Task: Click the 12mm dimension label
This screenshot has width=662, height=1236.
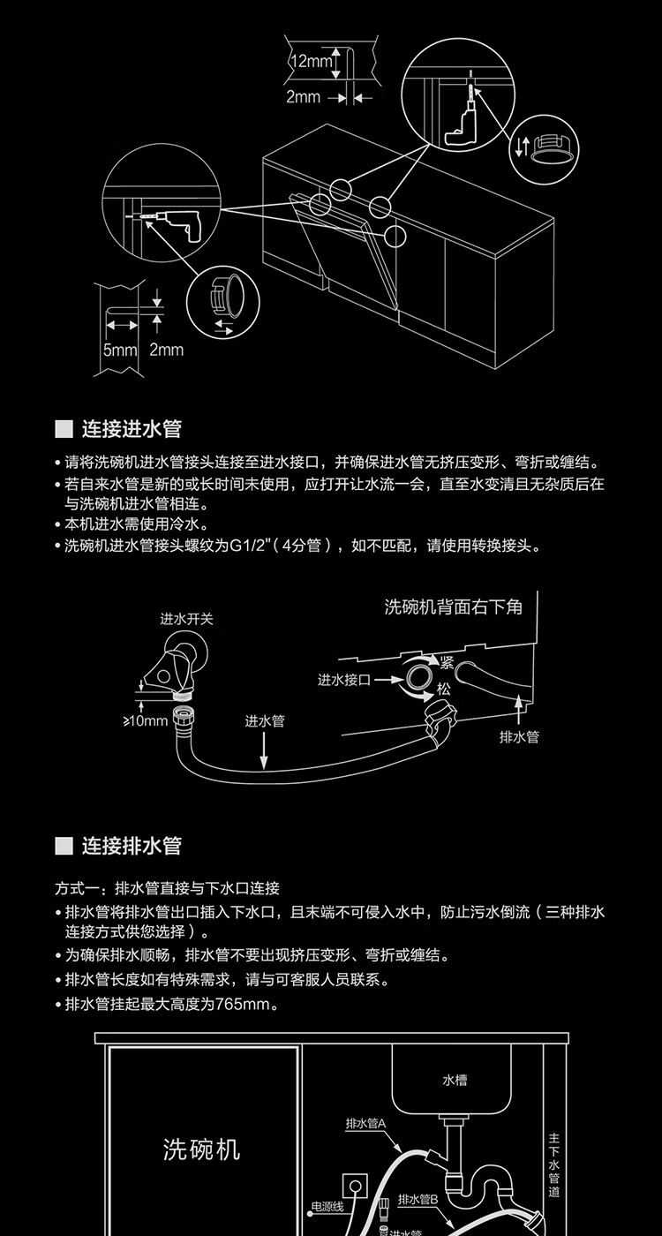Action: coord(310,61)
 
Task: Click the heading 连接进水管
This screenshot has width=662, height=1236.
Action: coord(132,430)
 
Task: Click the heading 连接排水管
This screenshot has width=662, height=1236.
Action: coord(132,846)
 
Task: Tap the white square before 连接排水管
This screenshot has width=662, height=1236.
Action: coord(64,846)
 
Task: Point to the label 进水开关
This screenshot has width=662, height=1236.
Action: coord(186,619)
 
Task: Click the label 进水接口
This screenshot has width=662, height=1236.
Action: coord(344,680)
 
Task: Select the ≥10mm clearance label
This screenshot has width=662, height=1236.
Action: coord(145,721)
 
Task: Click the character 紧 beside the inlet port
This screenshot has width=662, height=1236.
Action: coord(447,662)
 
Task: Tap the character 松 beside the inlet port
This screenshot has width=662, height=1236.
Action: coord(445,689)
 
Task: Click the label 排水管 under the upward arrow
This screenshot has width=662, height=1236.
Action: coord(519,736)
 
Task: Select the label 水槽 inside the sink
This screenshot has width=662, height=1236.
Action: coord(455,1080)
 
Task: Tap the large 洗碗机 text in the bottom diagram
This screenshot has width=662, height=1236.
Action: coord(202,1149)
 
